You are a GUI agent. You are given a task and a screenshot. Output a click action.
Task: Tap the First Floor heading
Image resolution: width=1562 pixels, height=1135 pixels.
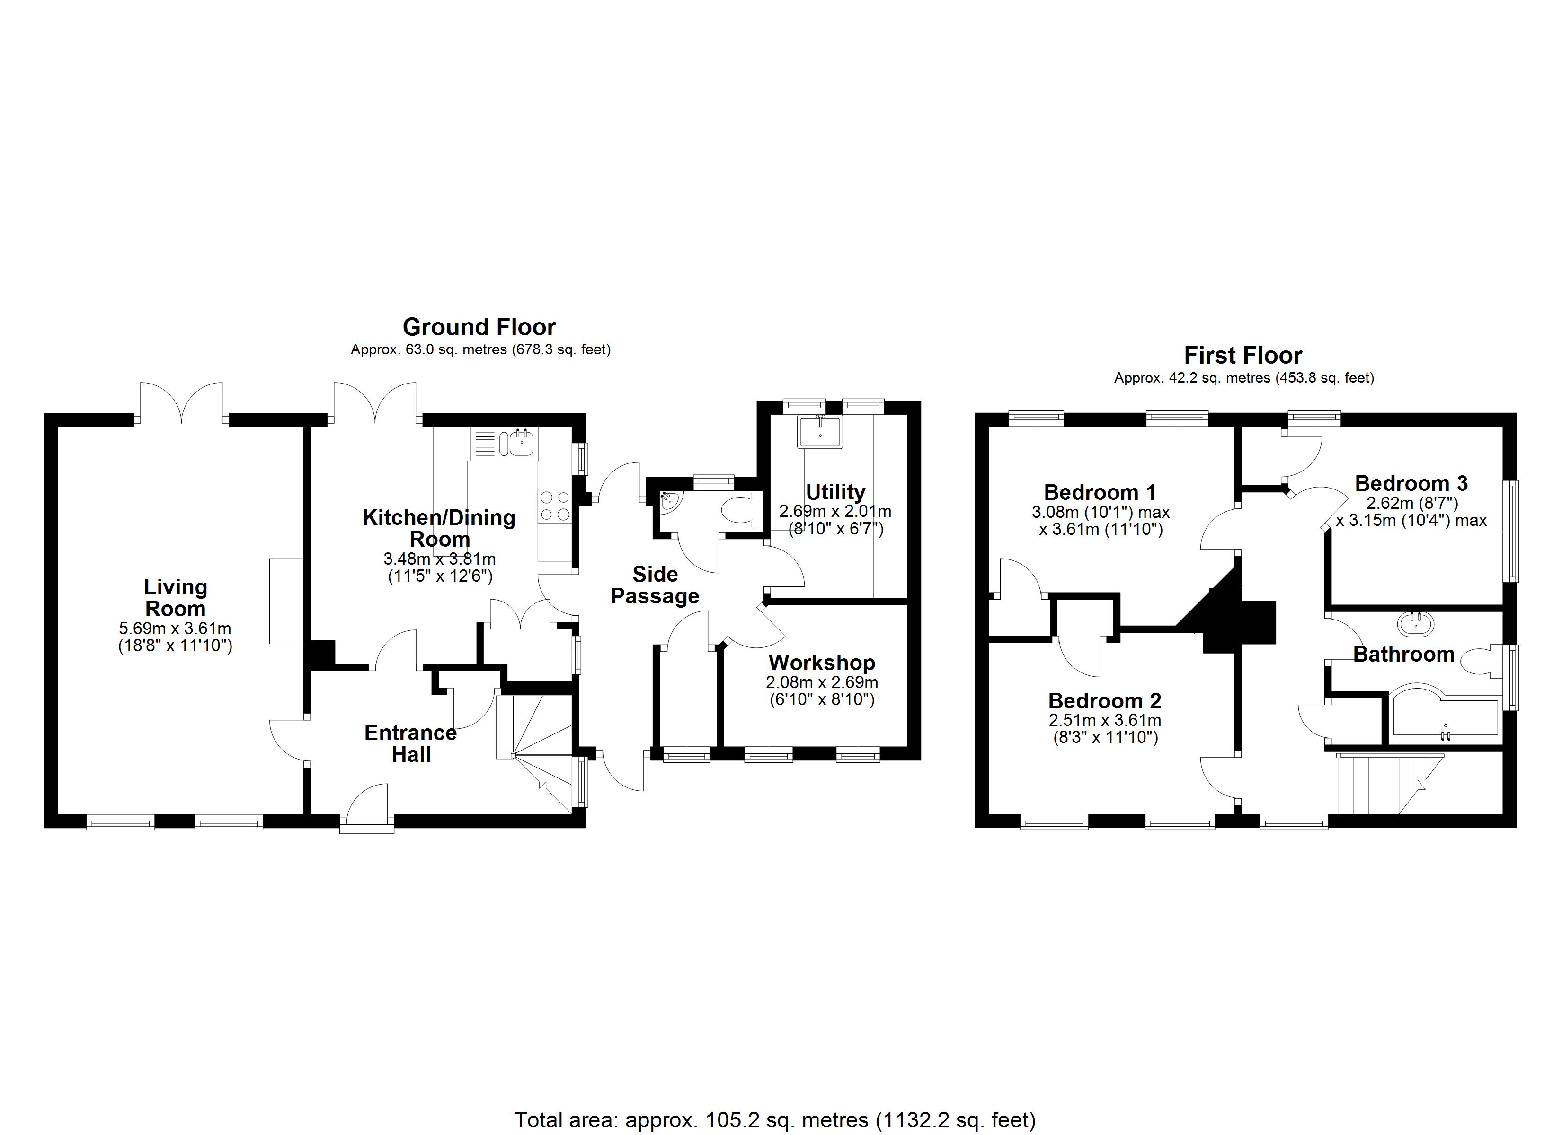point(1242,355)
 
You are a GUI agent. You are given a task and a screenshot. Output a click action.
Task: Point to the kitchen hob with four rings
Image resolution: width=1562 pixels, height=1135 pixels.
point(555,505)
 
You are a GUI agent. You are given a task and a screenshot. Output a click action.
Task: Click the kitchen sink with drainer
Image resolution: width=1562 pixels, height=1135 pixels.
point(505,443)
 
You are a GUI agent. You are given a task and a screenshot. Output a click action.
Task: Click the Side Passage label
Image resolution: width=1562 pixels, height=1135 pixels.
point(655,585)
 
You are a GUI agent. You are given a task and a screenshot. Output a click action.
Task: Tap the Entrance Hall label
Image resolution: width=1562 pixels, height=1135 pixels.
point(410,743)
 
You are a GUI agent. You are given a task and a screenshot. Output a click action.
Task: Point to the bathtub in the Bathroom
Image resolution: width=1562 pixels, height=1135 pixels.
point(1444,716)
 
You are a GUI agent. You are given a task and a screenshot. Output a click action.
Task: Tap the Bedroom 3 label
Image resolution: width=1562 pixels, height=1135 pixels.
point(1411,483)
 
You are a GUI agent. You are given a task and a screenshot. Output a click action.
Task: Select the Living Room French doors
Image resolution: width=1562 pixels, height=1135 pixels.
point(182,403)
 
